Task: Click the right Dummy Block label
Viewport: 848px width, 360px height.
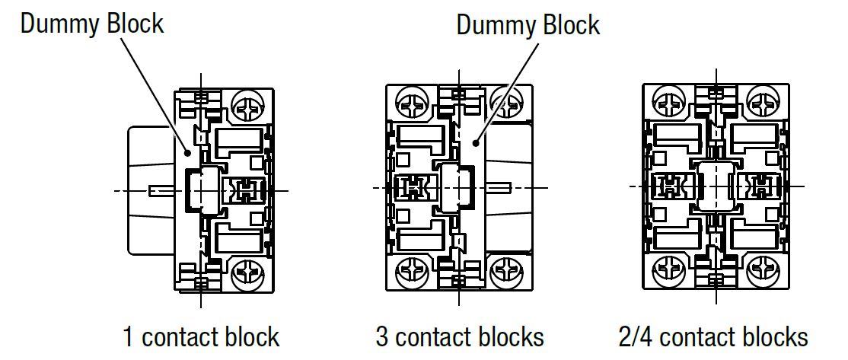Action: click(x=528, y=25)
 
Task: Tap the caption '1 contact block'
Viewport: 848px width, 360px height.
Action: click(x=201, y=336)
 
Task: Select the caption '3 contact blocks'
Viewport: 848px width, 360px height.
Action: click(x=460, y=336)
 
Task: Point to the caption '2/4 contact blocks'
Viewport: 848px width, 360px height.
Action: click(x=713, y=336)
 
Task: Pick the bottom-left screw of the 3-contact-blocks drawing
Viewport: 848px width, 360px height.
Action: click(x=410, y=270)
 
